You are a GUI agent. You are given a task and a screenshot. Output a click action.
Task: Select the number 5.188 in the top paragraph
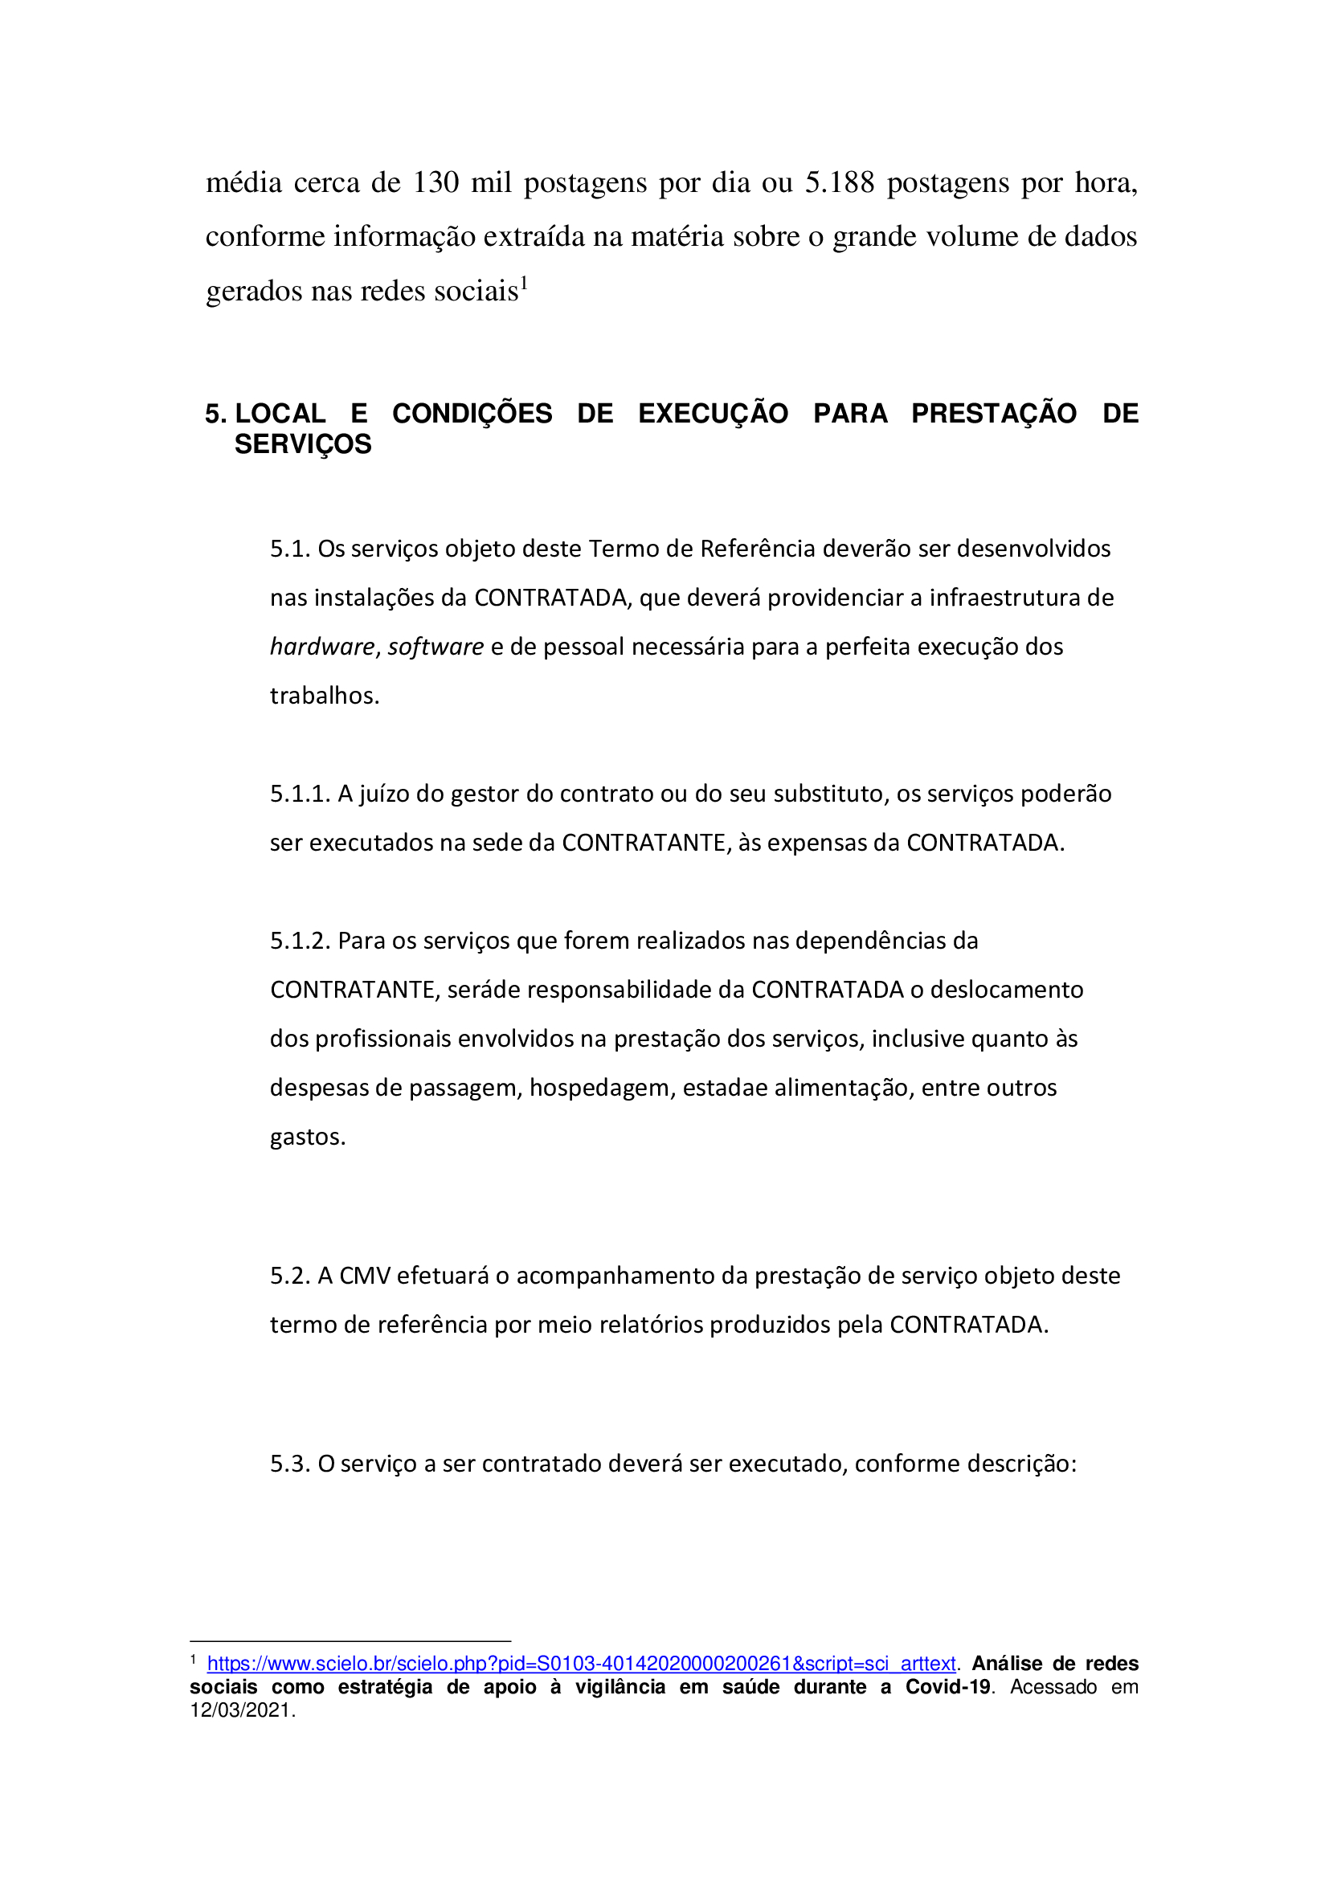click(x=840, y=182)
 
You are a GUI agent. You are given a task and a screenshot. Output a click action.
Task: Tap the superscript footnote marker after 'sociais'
click(x=525, y=283)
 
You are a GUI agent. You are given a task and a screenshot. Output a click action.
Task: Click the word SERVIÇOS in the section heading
click(x=303, y=444)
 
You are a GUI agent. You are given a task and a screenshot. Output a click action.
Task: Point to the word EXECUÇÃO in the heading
click(x=713, y=413)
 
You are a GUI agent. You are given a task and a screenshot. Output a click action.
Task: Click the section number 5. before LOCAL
click(x=215, y=414)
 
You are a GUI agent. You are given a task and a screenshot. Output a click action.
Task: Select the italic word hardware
click(x=322, y=647)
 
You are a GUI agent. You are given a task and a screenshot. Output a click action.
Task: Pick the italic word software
click(x=436, y=647)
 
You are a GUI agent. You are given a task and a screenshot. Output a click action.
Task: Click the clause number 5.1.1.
click(x=300, y=794)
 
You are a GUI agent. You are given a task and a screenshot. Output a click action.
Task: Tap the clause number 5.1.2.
click(x=300, y=942)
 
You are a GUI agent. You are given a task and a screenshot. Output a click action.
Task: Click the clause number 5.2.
click(x=290, y=1276)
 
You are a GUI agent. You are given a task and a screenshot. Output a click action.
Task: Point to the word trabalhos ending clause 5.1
click(x=324, y=696)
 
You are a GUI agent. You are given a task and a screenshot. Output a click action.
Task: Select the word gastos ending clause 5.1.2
click(x=307, y=1138)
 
